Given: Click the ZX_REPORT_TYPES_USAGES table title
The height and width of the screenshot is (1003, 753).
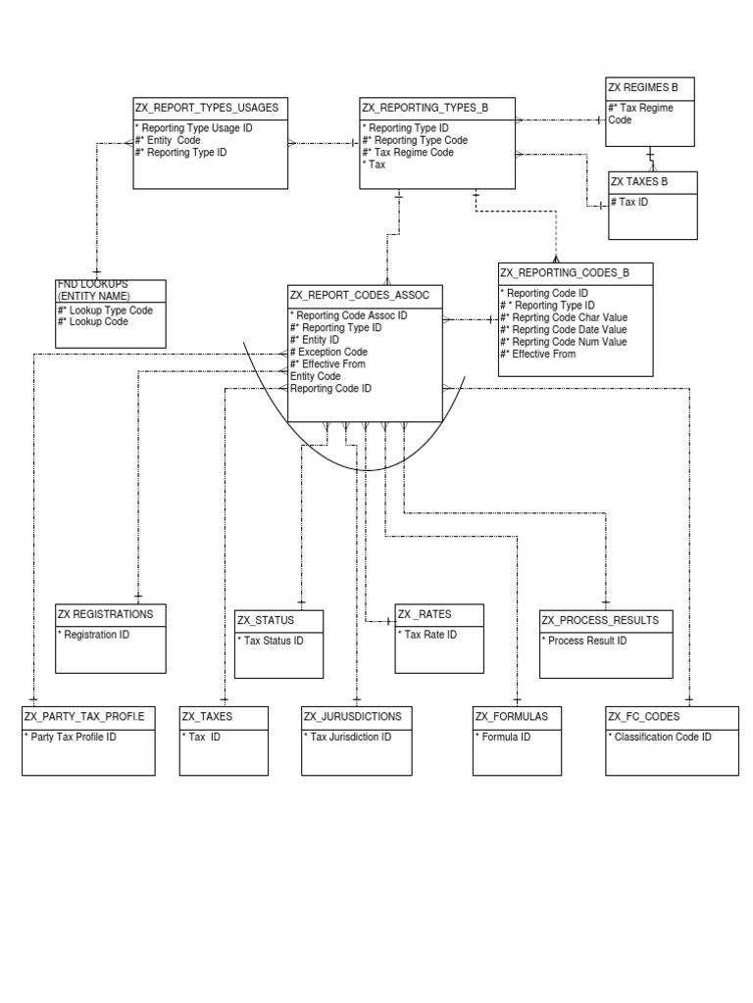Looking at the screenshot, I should [206, 108].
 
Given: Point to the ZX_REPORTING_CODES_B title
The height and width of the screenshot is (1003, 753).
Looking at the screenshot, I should [565, 272].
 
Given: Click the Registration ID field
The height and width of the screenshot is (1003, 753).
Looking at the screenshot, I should [97, 635].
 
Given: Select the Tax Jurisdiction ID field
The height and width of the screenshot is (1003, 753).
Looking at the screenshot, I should [348, 737].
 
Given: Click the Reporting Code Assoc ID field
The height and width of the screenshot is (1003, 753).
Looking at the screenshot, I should [349, 315].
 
